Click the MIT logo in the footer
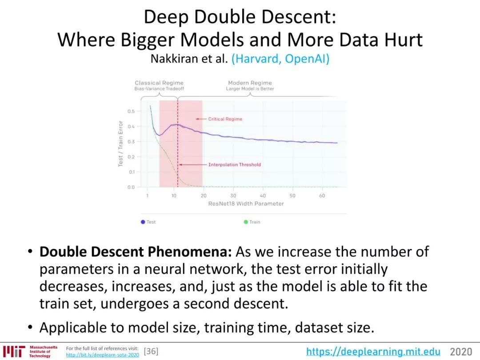coord(14,352)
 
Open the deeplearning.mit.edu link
coord(373,352)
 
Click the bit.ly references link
coord(102,355)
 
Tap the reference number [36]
coord(151,351)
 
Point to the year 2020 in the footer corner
coord(461,352)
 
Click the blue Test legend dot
coord(143,222)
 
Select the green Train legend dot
coord(245,222)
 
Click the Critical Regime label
coord(225,119)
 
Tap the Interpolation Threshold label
coord(235,165)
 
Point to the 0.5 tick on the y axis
coord(131,111)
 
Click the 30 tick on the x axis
coord(233,196)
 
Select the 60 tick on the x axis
coord(322,196)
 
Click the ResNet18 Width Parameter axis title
coord(246,204)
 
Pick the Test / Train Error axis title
coord(120,144)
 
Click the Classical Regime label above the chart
coord(159,83)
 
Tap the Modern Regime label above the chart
coord(250,83)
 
